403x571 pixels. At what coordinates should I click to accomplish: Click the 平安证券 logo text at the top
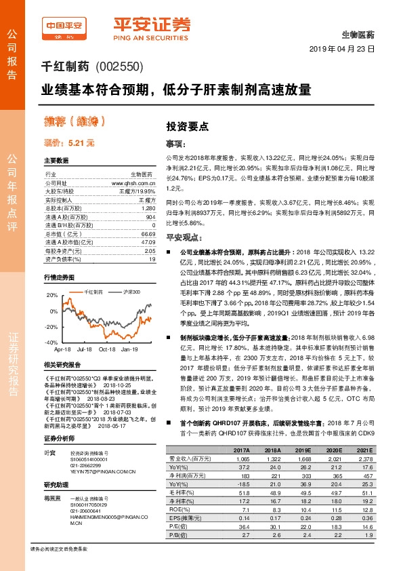pyautogui.click(x=148, y=25)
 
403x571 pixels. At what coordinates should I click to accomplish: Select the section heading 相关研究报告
pyautogui.click(x=62, y=365)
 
